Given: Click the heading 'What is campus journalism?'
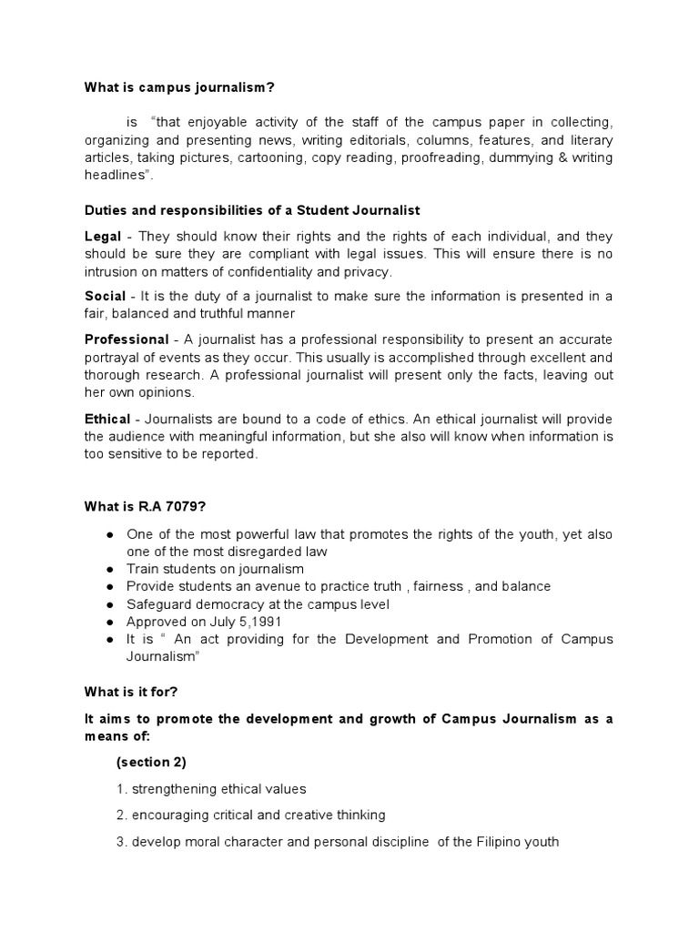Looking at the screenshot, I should point(179,87).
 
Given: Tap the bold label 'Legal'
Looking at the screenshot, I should point(102,237).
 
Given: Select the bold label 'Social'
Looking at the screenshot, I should point(105,297).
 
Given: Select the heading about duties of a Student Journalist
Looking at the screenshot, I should point(251,211).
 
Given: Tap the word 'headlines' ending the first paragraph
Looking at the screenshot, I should point(116,176).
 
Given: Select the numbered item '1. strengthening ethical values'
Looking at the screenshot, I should point(211,789).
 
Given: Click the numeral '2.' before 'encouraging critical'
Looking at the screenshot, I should point(122,815).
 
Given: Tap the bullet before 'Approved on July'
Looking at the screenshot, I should point(110,623).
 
